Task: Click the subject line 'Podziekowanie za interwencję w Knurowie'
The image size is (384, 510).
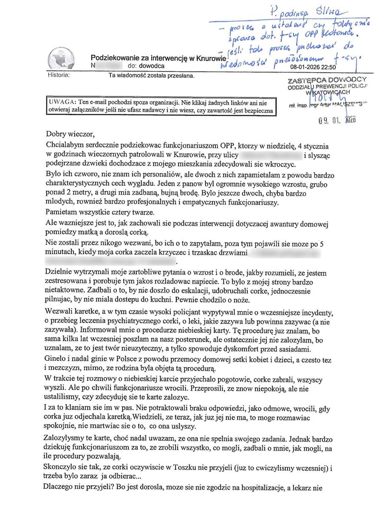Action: click(x=157, y=58)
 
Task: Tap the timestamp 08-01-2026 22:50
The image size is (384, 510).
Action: click(x=313, y=67)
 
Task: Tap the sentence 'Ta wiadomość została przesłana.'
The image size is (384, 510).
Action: click(x=152, y=76)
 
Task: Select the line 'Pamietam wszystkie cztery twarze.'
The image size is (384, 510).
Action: click(x=100, y=212)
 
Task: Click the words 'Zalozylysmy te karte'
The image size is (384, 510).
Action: click(x=80, y=438)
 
